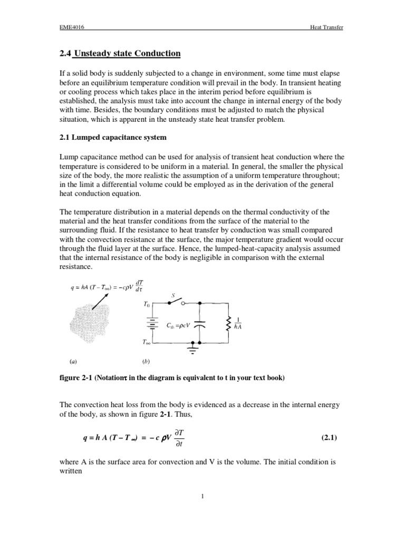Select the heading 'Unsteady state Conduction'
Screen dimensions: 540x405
[128, 53]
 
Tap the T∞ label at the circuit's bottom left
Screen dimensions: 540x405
[147, 343]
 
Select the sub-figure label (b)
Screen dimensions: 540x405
[146, 362]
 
